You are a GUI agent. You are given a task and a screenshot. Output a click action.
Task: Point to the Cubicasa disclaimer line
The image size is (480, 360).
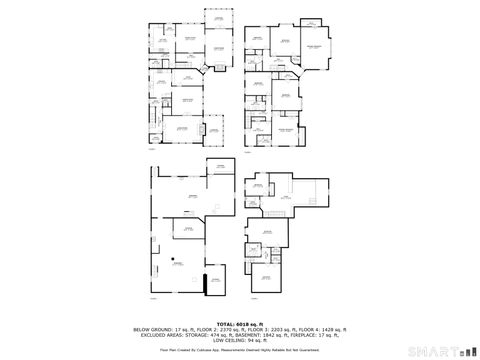(x=240, y=351)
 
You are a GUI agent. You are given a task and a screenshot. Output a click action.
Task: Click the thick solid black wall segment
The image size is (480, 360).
(x=205, y=284)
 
